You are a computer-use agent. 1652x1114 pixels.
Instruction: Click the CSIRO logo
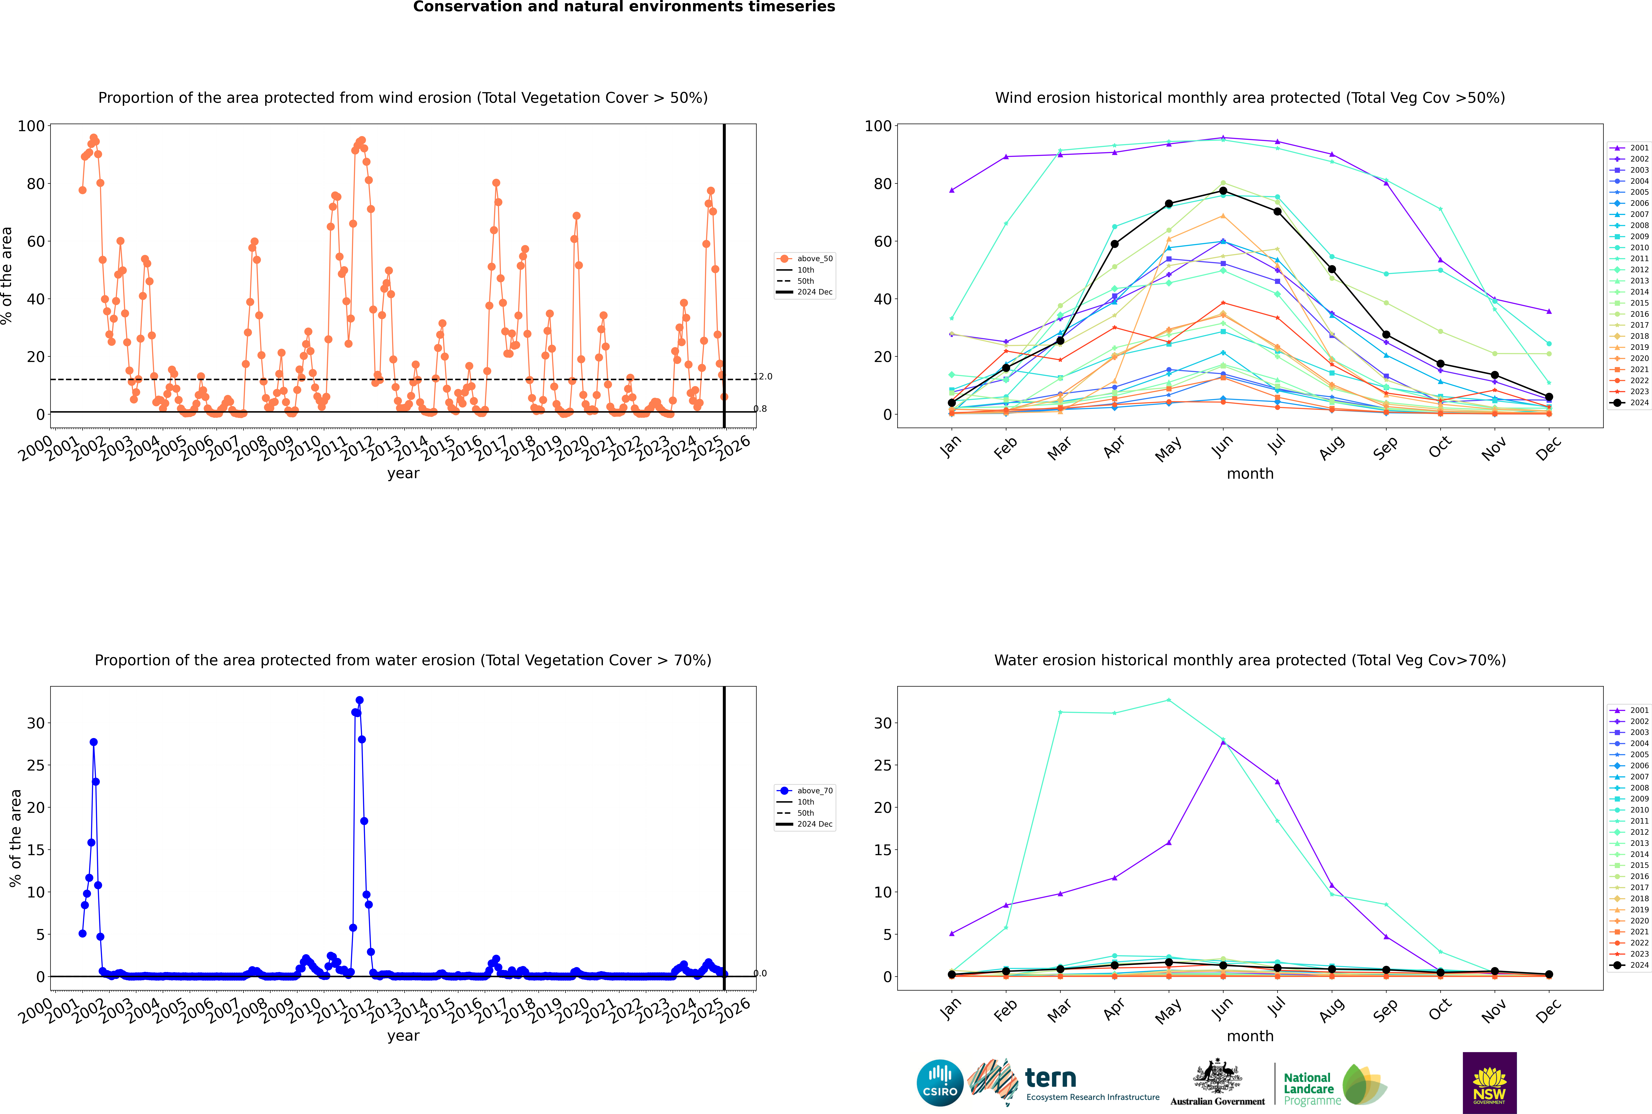pos(940,1083)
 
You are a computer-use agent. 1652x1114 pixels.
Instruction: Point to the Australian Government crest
pos(1217,1076)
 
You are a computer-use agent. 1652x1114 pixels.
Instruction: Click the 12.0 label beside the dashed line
pos(763,377)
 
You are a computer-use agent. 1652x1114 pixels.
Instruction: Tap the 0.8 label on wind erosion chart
pos(760,409)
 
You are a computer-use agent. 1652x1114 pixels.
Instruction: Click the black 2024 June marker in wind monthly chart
pos(1223,190)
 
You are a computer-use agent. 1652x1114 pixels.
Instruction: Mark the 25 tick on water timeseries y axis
pos(35,765)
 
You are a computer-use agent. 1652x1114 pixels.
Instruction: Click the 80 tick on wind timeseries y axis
pos(35,183)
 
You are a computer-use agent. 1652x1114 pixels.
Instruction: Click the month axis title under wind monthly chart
pos(1250,474)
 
